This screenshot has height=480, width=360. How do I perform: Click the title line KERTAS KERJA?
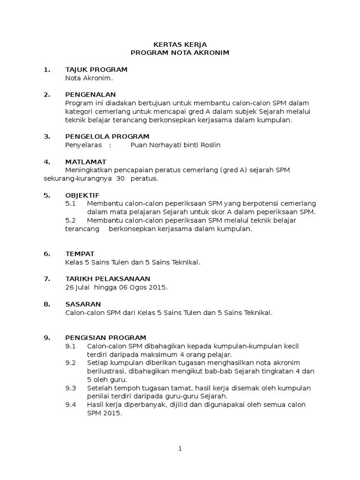point(180,44)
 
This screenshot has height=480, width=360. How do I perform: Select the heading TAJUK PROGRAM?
point(96,70)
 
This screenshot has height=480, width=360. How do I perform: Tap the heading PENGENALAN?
point(90,95)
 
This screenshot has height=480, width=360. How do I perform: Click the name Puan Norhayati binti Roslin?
point(175,145)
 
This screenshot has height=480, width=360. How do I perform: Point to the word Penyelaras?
point(83,145)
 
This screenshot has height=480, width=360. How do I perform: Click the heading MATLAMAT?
point(86,162)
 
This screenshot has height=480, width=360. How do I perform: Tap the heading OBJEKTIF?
point(82,195)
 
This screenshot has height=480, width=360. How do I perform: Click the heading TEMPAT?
point(80,254)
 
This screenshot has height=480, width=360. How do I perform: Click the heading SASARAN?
point(83,304)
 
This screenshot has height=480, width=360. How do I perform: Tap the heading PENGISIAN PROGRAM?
point(105,337)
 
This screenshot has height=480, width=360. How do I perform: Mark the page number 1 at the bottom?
point(180,449)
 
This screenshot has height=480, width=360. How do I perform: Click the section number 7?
point(46,279)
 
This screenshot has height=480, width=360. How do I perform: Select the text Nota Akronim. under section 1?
point(89,78)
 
